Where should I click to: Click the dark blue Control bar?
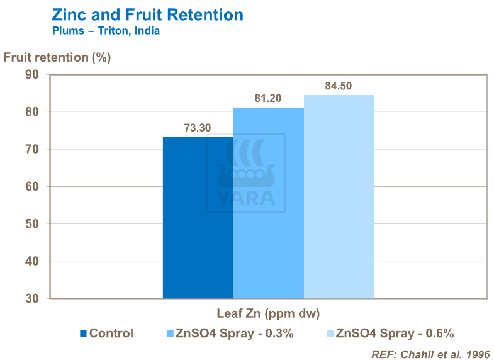[x=198, y=218]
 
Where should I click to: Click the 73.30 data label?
[x=198, y=128]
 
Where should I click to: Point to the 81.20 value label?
[x=267, y=98]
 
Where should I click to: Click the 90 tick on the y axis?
[x=32, y=75]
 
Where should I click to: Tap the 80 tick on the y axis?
[x=32, y=112]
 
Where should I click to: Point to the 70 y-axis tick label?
[x=32, y=150]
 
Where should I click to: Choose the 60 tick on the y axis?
[x=32, y=187]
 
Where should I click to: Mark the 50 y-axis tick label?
[x=32, y=224]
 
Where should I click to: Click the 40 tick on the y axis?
[x=32, y=261]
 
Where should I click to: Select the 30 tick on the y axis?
[x=32, y=298]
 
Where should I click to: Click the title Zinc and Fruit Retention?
[x=147, y=15]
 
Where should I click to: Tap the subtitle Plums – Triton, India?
[x=106, y=31]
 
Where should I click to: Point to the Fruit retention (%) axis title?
[x=57, y=57]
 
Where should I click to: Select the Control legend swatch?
[x=84, y=334]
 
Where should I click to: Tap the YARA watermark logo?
[x=246, y=173]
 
